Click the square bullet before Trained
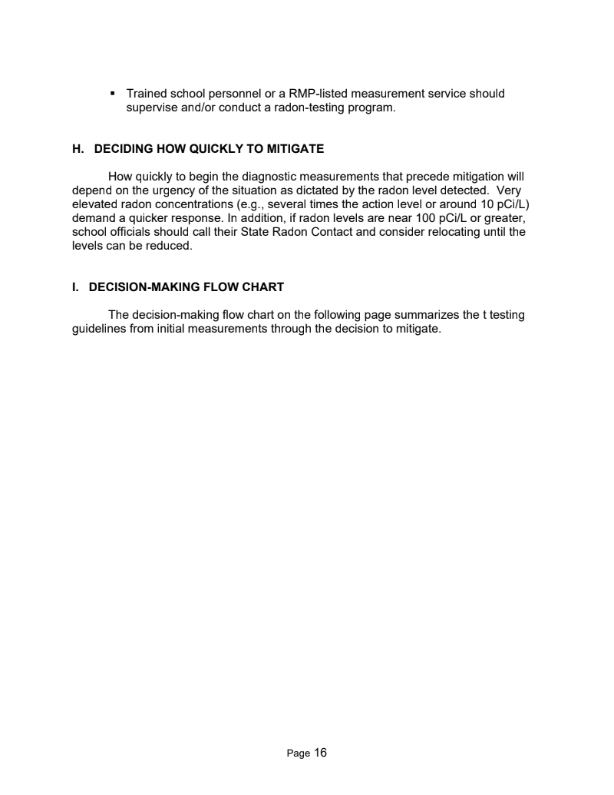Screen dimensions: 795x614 pyautogui.click(x=113, y=94)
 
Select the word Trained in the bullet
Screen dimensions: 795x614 pyautogui.click(x=148, y=94)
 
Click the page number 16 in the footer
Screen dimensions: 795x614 pyautogui.click(x=320, y=753)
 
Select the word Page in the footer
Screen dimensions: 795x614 pyautogui.click(x=298, y=754)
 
